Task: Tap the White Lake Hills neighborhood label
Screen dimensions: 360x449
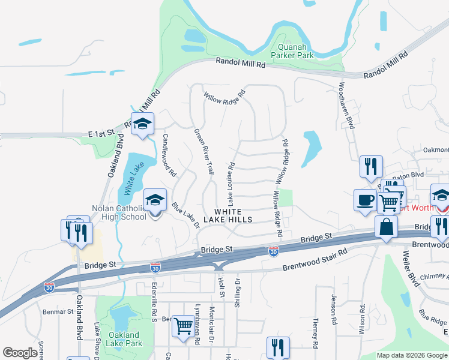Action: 232,215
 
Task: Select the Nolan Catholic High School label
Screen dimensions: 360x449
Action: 119,212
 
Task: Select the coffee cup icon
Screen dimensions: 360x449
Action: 365,200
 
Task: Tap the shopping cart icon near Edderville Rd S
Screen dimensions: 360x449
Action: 183,326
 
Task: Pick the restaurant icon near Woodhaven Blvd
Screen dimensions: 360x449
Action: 370,166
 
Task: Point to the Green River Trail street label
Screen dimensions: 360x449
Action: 203,152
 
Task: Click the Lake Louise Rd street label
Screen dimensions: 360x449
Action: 229,181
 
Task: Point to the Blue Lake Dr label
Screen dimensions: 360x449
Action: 185,215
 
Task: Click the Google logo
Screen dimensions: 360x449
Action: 20,353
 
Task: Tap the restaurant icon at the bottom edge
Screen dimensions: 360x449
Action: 278,347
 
